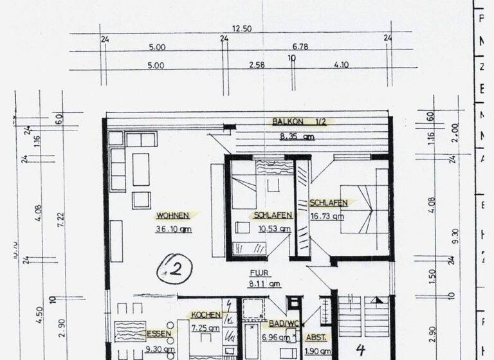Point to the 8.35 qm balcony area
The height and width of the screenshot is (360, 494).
[x=297, y=136]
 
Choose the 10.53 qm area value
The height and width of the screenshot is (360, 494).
[x=273, y=228]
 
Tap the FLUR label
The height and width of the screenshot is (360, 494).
[x=257, y=271]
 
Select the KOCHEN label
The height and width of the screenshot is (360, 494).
[x=206, y=315]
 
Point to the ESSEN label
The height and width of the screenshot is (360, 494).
[x=160, y=334]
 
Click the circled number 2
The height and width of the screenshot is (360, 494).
[x=172, y=269]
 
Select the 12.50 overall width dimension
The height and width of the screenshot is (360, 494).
[x=242, y=29]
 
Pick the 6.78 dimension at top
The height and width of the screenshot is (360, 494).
[x=301, y=47]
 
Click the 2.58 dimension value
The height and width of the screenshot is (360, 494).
[x=257, y=66]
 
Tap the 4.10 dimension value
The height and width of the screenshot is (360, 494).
[x=341, y=66]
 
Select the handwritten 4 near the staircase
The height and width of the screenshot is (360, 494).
[x=361, y=350]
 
